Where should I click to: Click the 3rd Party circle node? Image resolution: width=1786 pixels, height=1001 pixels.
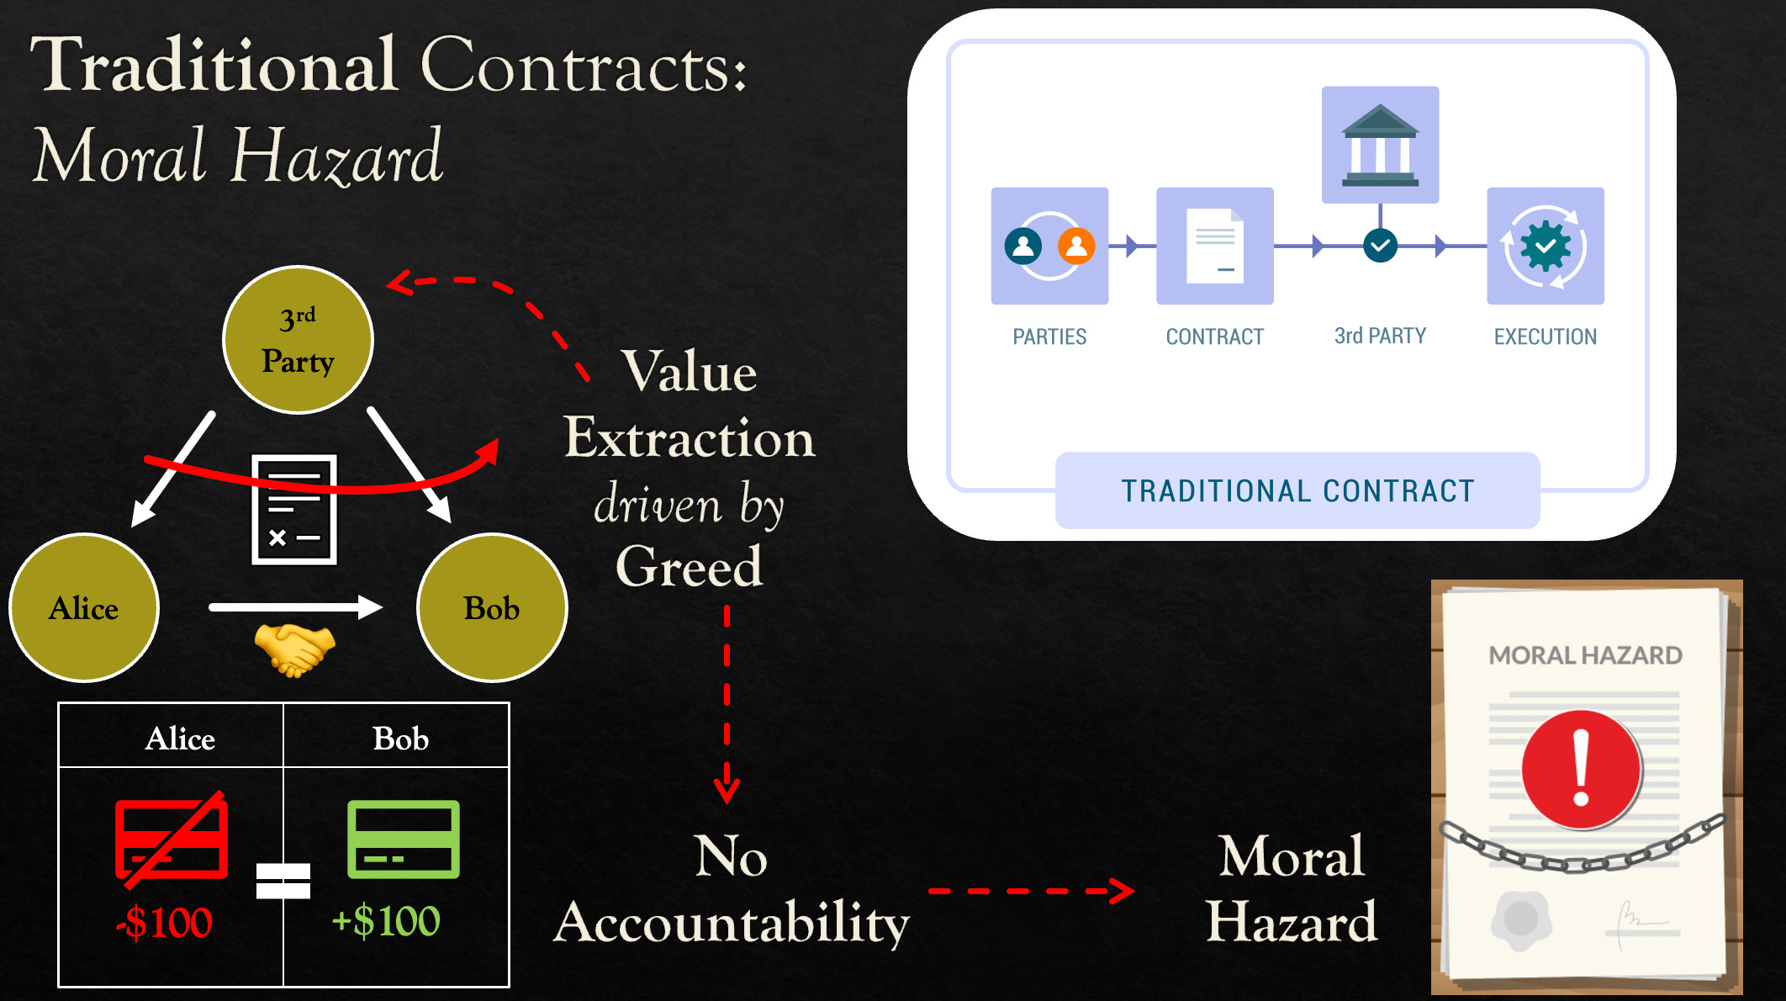click(298, 340)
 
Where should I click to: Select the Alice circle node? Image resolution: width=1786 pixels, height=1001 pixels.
click(83, 607)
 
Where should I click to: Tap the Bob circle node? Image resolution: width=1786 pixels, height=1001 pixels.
click(492, 607)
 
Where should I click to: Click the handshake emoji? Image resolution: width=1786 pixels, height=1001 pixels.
click(294, 649)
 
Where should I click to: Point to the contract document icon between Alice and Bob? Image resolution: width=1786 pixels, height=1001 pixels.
click(294, 510)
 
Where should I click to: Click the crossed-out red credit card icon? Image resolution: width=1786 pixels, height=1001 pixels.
click(172, 839)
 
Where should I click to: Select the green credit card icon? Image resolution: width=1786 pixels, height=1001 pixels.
click(404, 839)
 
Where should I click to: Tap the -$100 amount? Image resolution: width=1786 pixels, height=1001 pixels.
click(165, 923)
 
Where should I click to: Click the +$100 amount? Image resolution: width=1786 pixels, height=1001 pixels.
click(386, 921)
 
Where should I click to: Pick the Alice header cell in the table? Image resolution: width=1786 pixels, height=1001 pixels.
click(179, 739)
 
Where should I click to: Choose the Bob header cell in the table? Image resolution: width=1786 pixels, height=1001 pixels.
click(400, 739)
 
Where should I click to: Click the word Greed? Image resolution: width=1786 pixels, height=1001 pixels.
click(689, 566)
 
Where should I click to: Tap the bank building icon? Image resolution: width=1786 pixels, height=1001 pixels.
click(1380, 145)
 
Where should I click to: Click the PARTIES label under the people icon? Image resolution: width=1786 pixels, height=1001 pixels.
click(1049, 336)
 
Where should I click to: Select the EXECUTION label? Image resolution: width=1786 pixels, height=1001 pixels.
click(1545, 336)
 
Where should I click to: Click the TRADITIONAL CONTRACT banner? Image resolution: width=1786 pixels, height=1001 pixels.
click(1297, 490)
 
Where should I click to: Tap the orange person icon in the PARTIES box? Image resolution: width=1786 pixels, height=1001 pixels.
click(1076, 246)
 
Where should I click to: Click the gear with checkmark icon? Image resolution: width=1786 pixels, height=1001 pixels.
click(1545, 246)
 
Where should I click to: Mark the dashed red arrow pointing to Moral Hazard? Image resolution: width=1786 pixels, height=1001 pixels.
click(1031, 891)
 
